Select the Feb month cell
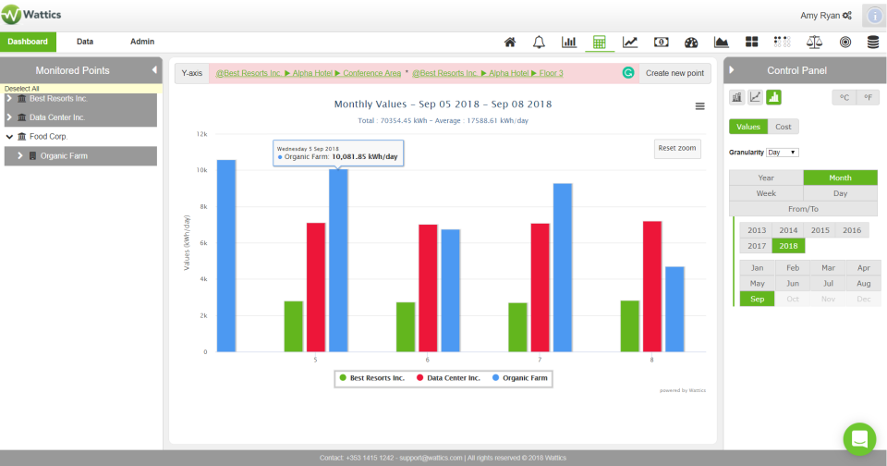[792, 268]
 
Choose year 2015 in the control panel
[820, 230]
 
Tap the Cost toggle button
[783, 127]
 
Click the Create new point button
[674, 72]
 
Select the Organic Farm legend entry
[522, 377]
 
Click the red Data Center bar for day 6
[428, 288]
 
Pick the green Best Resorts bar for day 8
[630, 325]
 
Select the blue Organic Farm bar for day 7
[563, 267]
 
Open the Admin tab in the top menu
[142, 42]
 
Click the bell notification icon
[539, 43]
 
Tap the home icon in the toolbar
[509, 43]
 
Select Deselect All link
[21, 89]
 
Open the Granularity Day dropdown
[782, 152]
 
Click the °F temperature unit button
[868, 97]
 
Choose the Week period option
[766, 193]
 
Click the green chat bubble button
[859, 438]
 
